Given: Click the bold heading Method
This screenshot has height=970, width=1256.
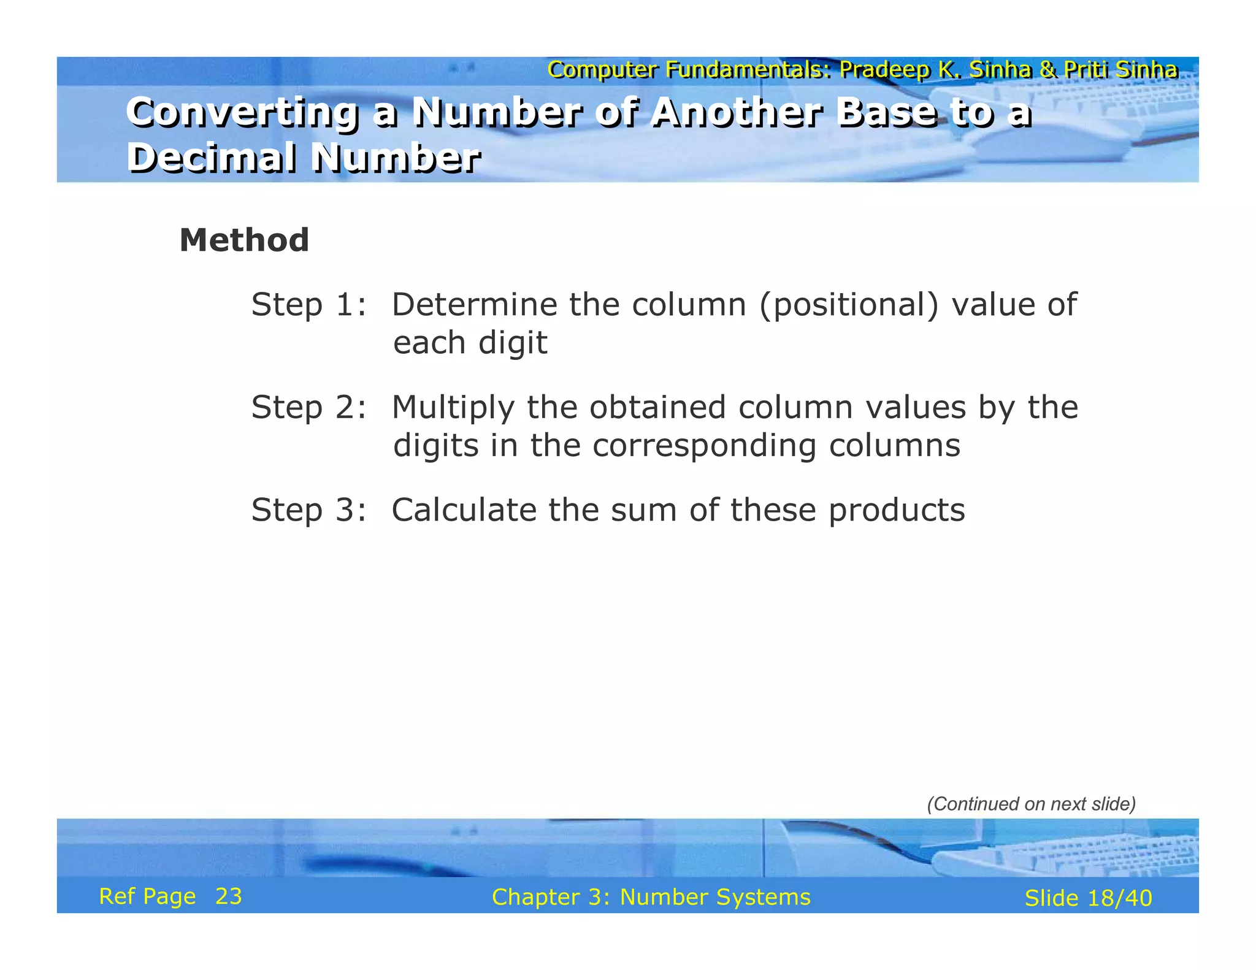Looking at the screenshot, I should [x=244, y=240].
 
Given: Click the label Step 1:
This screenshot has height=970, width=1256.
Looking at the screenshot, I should [x=308, y=305].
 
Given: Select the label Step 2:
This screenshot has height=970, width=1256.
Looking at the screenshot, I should [x=308, y=408].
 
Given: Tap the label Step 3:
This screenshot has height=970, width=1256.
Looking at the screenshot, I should [x=308, y=510].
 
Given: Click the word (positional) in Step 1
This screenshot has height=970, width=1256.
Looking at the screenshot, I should [x=849, y=305].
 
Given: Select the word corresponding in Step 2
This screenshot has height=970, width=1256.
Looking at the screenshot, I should [x=704, y=446].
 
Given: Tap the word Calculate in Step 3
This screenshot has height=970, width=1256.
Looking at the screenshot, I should [x=464, y=510].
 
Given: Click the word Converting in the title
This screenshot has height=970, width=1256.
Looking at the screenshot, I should [x=242, y=113].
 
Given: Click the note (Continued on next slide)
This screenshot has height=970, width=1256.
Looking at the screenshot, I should [x=1031, y=804].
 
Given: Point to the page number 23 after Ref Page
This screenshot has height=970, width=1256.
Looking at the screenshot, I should [x=228, y=896].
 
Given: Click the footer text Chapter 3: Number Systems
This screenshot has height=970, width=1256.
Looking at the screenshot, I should [x=651, y=897].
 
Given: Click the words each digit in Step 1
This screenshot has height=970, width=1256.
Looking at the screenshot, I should [x=470, y=343].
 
